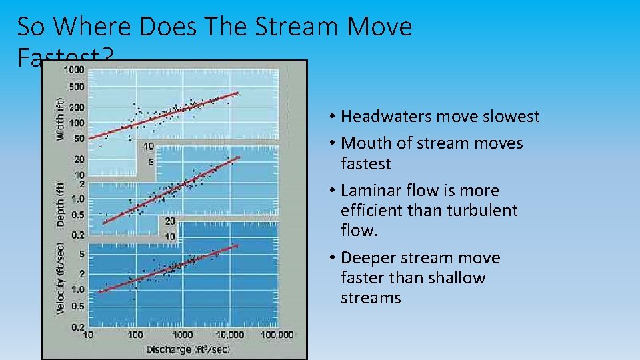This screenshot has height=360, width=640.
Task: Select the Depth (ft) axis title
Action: (61, 204)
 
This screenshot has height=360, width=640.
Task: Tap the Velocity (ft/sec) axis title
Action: (61, 279)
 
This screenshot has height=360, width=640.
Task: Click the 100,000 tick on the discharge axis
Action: (276, 335)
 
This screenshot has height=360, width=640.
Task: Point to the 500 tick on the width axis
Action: (77, 87)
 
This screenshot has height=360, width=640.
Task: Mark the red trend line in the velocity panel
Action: (167, 269)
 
